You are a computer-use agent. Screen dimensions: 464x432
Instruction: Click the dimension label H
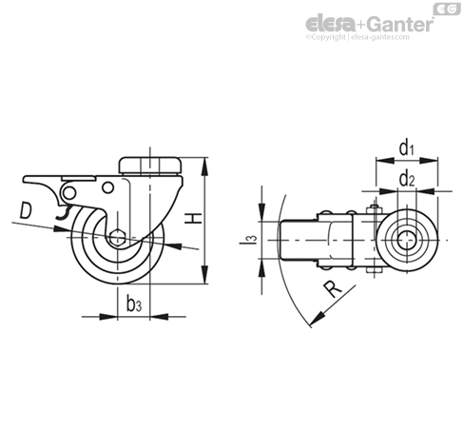194,218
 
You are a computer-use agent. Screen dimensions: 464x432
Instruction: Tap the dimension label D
26,211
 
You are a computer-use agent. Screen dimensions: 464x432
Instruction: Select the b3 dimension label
134,304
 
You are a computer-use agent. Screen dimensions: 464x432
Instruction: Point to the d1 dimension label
406,148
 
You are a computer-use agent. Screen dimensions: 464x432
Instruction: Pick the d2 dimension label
407,179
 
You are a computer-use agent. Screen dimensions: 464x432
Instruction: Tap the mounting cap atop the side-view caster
150,166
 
